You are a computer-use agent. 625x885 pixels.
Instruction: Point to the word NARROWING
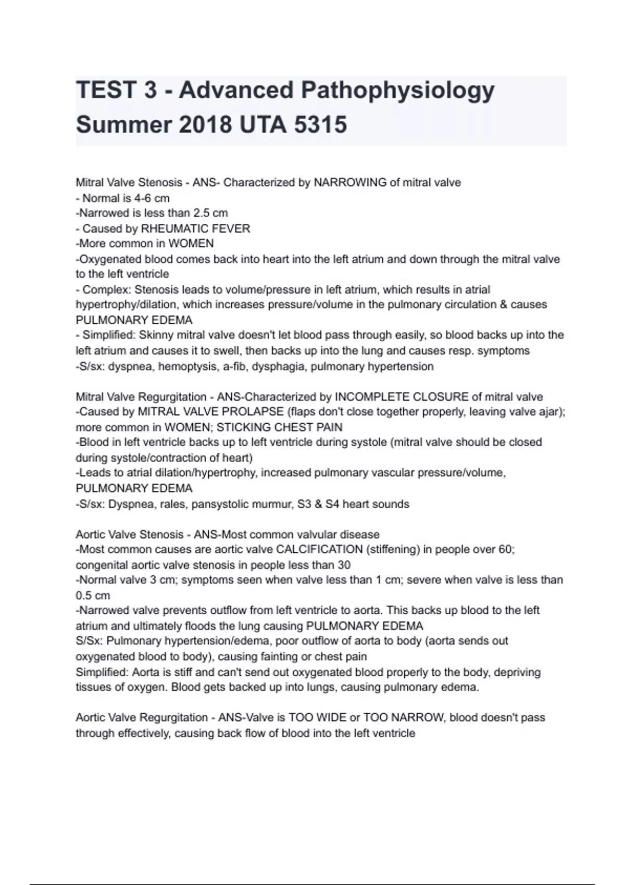(x=350, y=183)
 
